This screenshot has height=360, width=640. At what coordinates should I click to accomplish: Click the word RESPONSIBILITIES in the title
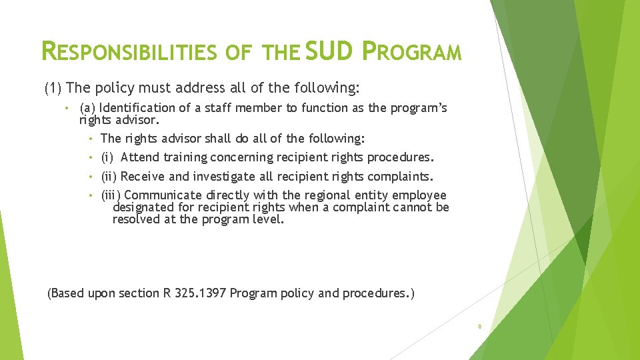tap(129, 51)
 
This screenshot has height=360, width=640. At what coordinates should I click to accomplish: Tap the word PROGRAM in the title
tap(411, 51)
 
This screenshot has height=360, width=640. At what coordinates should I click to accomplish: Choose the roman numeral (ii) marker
tap(110, 177)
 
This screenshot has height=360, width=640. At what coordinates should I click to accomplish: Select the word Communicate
tap(163, 195)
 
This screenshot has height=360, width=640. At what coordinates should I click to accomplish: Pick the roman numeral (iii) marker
tap(111, 195)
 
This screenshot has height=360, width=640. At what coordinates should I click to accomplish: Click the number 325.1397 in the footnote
tap(198, 293)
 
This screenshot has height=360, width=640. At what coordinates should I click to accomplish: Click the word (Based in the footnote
tap(66, 293)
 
